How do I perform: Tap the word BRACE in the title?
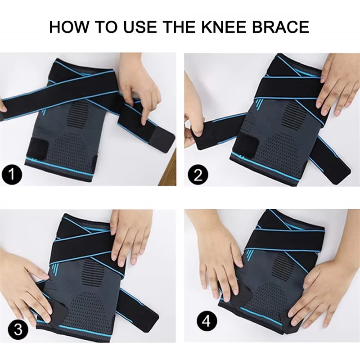click(x=280, y=27)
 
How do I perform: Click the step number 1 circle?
click(x=12, y=175)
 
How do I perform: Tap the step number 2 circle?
click(x=198, y=175)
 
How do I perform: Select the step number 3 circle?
click(x=18, y=330)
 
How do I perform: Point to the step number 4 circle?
click(x=207, y=321)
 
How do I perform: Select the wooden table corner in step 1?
click(x=167, y=170)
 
